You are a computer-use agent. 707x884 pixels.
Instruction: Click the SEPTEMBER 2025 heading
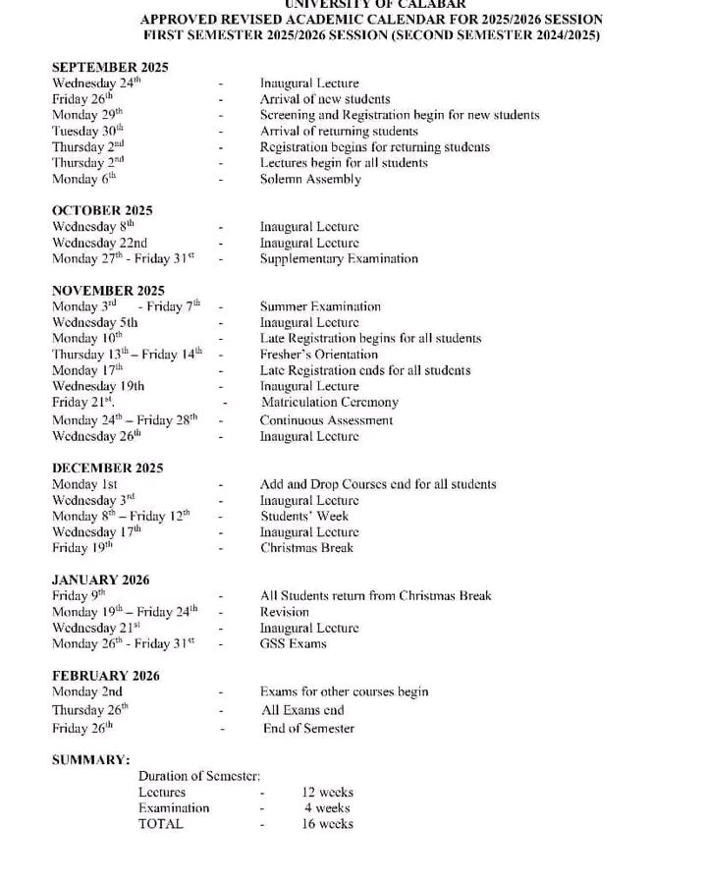[110, 68]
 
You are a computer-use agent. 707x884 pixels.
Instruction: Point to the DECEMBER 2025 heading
[107, 469]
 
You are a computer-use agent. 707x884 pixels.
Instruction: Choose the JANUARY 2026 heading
[100, 580]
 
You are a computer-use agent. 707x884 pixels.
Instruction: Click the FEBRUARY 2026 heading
[105, 676]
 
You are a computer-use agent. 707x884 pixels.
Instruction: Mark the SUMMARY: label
[90, 760]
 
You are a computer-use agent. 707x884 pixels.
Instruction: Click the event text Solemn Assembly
[310, 180]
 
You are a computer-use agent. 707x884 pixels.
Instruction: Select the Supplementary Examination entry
[339, 259]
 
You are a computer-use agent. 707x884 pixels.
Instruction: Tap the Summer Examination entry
[320, 307]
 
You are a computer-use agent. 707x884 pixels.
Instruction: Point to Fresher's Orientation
[318, 355]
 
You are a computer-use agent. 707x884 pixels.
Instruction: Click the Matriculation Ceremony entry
[330, 403]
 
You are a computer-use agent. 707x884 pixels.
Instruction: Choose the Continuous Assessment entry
[326, 420]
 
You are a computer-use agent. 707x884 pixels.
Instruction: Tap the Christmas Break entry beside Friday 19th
[306, 548]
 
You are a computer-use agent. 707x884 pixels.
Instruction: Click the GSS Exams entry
[293, 644]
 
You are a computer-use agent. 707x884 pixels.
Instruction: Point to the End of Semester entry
[308, 729]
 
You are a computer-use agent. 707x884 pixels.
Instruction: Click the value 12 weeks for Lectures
[328, 793]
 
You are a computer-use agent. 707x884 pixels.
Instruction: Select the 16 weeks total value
[328, 824]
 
